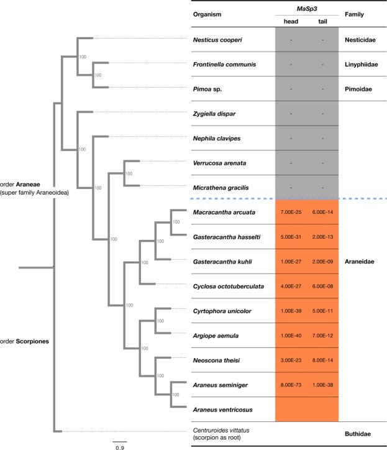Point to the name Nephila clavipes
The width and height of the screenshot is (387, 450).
217,138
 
